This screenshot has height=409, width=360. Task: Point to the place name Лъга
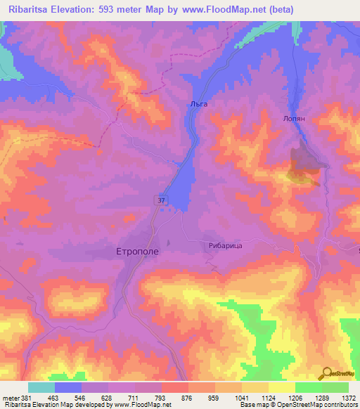click(199, 103)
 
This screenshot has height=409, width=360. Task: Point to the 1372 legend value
click(349, 398)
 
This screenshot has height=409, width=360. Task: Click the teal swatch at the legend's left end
click(41, 387)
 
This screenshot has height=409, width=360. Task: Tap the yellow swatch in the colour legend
click(281, 387)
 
